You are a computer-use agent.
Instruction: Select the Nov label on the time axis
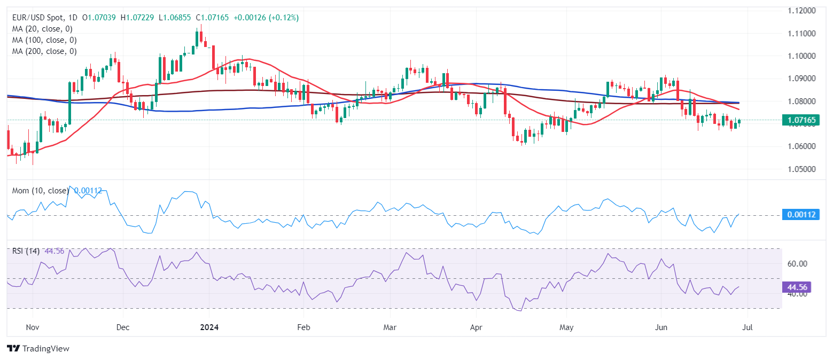click(x=33, y=326)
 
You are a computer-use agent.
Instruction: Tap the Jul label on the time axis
click(x=747, y=326)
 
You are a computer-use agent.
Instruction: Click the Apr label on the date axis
click(x=475, y=326)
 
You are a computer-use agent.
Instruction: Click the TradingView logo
click(x=38, y=349)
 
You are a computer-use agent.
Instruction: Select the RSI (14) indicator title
click(x=26, y=251)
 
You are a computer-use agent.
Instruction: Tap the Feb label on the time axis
click(x=303, y=326)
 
